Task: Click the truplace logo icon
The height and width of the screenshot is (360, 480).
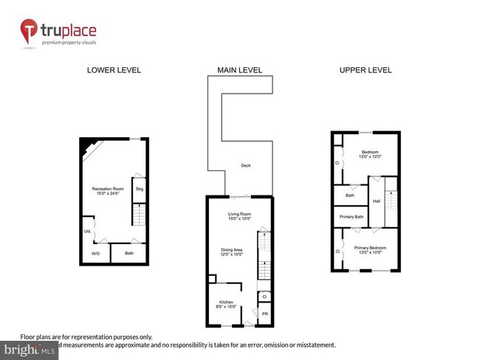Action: [30, 32]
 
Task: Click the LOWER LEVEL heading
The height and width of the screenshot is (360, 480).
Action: [114, 71]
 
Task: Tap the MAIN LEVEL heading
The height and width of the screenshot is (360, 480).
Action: [239, 71]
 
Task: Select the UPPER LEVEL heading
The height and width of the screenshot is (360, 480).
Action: [365, 71]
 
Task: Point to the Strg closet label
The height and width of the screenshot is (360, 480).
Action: [139, 190]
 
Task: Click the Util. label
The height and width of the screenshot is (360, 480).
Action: [87, 231]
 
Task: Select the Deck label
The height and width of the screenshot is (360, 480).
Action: [246, 166]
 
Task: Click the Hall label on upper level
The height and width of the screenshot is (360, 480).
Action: [377, 201]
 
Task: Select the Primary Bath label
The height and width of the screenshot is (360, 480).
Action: [350, 217]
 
